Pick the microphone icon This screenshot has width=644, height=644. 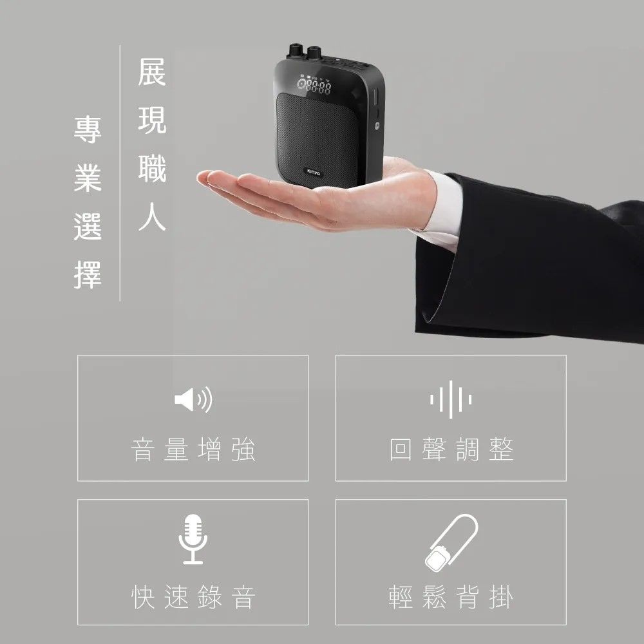click(x=193, y=540)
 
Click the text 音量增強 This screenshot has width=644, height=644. click(x=193, y=450)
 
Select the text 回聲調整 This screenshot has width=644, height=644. click(x=451, y=450)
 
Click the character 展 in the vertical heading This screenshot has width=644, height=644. click(x=152, y=72)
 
